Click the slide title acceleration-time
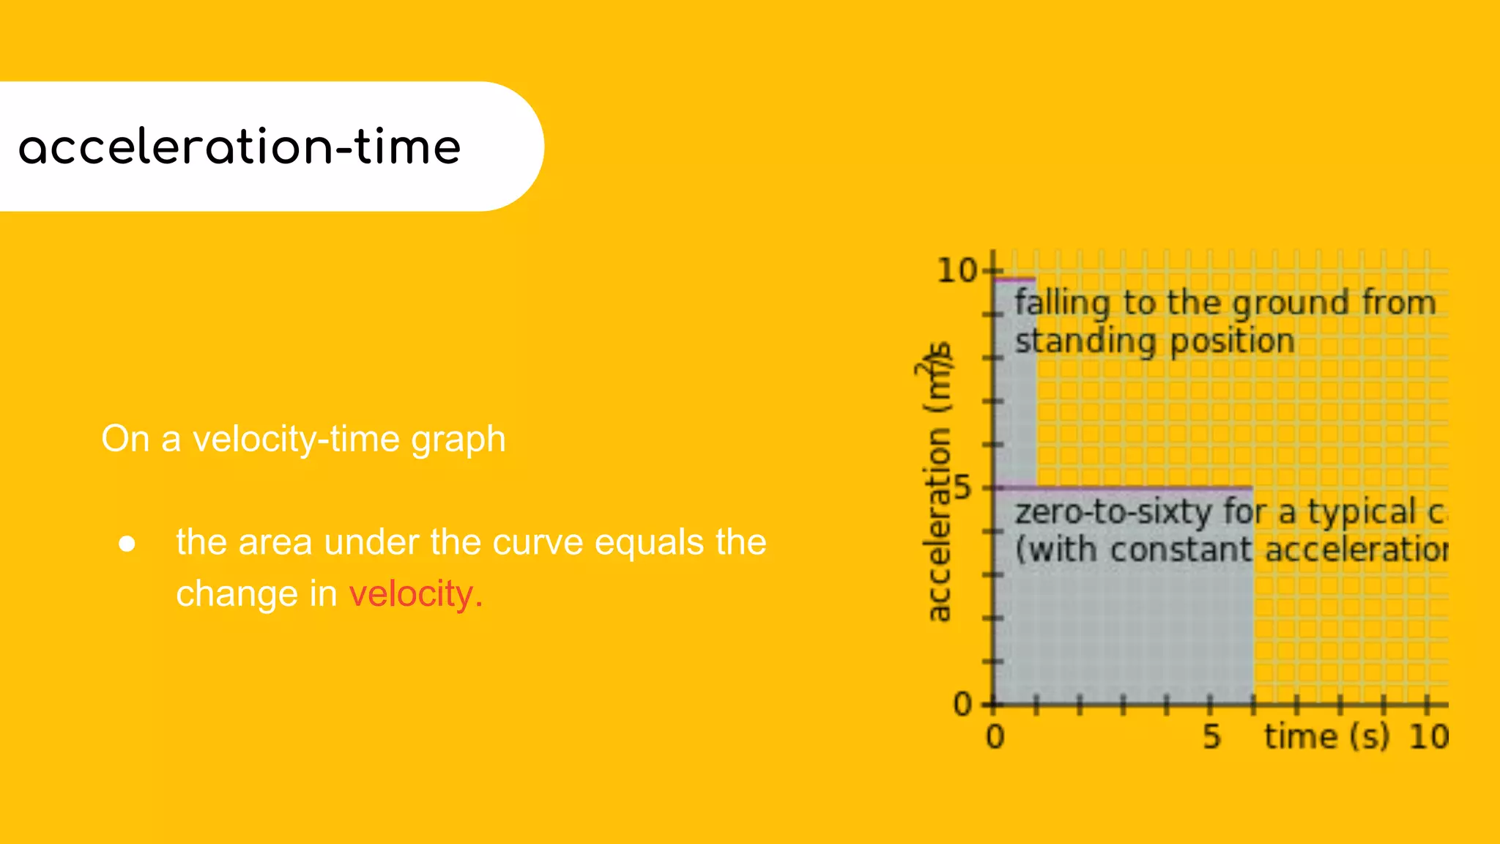(240, 147)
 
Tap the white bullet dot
(127, 544)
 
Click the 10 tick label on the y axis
(957, 271)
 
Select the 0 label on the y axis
(962, 705)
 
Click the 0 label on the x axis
(995, 737)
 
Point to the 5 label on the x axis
(1211, 737)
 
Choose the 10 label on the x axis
(1428, 737)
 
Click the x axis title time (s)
(1326, 737)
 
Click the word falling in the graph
(1062, 303)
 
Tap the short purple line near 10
(1014, 278)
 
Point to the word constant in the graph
(1181, 549)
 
